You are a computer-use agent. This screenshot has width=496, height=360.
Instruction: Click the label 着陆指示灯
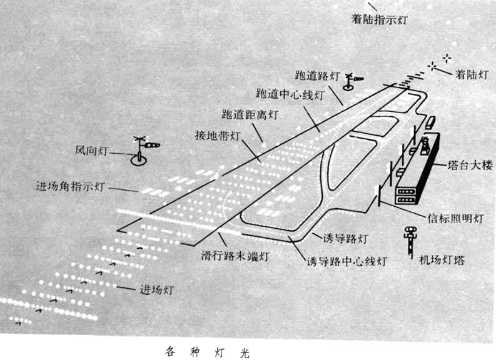pyautogui.click(x=380, y=19)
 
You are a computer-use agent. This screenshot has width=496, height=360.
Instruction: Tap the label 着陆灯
pyautogui.click(x=472, y=74)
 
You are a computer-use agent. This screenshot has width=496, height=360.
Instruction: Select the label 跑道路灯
pyautogui.click(x=318, y=76)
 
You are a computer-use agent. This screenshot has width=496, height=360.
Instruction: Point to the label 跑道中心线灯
pyautogui.click(x=290, y=94)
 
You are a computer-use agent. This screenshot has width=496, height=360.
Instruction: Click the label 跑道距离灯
pyautogui.click(x=250, y=114)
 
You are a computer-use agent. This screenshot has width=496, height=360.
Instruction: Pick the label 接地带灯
pyautogui.click(x=218, y=136)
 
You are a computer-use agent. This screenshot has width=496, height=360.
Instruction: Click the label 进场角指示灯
pyautogui.click(x=70, y=186)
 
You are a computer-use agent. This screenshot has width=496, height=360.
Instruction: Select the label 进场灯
pyautogui.click(x=157, y=289)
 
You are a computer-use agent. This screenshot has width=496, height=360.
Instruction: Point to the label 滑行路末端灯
pyautogui.click(x=235, y=256)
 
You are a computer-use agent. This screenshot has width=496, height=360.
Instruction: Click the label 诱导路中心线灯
pyautogui.click(x=347, y=261)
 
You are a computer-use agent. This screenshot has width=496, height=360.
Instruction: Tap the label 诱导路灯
pyautogui.click(x=345, y=238)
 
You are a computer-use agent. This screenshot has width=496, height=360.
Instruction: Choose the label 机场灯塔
pyautogui.click(x=442, y=260)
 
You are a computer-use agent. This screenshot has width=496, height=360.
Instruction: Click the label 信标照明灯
pyautogui.click(x=456, y=218)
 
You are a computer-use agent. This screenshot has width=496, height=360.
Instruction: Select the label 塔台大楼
pyautogui.click(x=470, y=165)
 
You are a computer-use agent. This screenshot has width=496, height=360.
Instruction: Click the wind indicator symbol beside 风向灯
pyautogui.click(x=144, y=151)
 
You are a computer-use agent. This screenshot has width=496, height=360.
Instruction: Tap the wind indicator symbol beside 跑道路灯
pyautogui.click(x=352, y=81)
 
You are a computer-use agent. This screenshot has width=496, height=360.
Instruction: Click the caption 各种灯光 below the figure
pyautogui.click(x=208, y=352)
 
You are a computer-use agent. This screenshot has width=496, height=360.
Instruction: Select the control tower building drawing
pyautogui.click(x=417, y=169)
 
